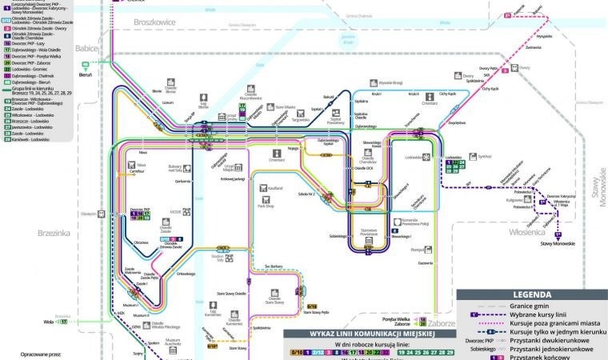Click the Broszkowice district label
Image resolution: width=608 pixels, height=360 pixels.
pos(155,22)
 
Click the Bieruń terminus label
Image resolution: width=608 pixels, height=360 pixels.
pos(86,74)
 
